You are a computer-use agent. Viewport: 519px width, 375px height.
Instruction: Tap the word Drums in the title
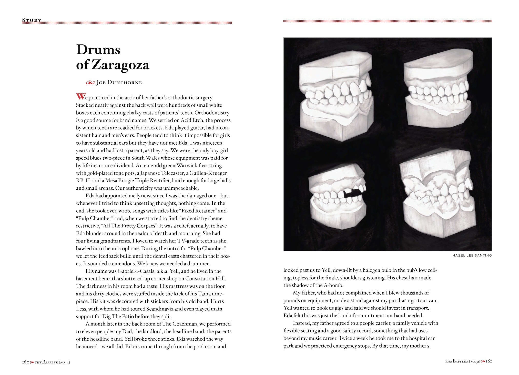pos(98,49)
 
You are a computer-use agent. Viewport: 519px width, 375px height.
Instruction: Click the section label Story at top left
pos(32,20)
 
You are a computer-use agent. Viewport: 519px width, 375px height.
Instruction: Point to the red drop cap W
pos(80,97)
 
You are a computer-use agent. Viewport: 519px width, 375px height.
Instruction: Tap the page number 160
pos(26,362)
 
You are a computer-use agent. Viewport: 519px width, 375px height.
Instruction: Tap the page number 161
pos(489,361)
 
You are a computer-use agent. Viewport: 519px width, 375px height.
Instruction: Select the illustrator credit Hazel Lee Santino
pos(472,256)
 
